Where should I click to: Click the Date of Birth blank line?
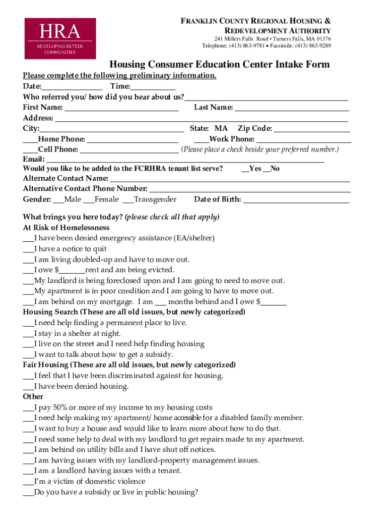[x=296, y=200]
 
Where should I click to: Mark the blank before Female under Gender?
[x=88, y=200]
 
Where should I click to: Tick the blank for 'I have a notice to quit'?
[x=28, y=249]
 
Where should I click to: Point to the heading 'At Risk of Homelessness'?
[x=66, y=228]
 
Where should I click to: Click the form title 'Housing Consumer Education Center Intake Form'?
[x=220, y=65]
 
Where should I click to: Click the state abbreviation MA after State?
[x=221, y=129]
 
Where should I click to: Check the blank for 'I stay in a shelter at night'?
[x=28, y=334]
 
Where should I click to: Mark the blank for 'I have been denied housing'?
[x=28, y=387]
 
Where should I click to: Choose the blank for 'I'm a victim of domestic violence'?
[x=28, y=482]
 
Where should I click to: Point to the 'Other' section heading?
[x=33, y=397]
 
